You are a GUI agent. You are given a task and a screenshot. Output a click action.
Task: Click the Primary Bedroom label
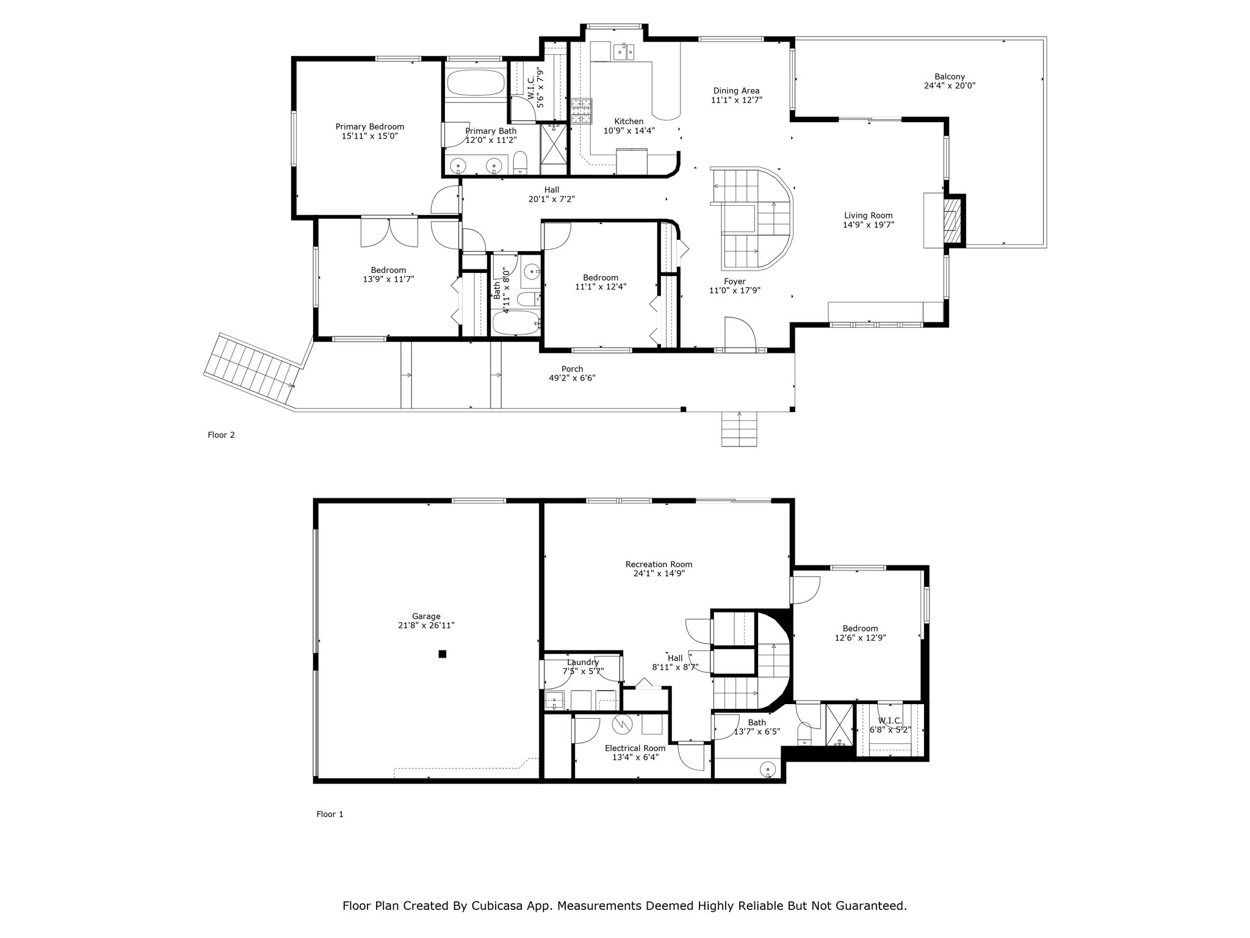(369, 127)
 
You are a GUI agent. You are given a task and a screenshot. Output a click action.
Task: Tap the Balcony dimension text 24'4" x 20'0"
(950, 86)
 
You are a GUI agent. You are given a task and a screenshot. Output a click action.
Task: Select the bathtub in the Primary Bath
(475, 82)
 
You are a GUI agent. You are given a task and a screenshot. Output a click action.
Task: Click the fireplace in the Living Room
(952, 220)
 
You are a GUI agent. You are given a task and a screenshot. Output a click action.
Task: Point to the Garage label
(426, 616)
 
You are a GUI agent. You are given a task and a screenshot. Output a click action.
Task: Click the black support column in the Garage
(443, 654)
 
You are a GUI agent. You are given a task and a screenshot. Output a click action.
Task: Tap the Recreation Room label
(659, 564)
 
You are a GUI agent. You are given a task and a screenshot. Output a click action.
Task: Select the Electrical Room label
(635, 748)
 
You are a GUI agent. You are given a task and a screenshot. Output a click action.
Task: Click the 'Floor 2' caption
(221, 435)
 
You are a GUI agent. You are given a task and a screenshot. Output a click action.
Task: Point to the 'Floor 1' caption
(330, 814)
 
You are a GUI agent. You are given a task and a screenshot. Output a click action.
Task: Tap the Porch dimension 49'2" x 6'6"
(572, 378)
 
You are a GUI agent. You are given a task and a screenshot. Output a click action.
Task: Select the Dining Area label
(737, 91)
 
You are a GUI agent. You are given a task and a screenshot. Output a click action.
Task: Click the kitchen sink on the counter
(624, 53)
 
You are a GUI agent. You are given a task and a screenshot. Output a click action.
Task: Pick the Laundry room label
(583, 663)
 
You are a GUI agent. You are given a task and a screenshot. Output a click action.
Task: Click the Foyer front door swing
(740, 333)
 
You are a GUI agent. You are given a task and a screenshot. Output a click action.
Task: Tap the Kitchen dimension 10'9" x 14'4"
(629, 131)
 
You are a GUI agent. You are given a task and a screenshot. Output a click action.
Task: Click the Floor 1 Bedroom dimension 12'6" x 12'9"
(861, 638)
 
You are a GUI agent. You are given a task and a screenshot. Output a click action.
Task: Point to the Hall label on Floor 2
(552, 190)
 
